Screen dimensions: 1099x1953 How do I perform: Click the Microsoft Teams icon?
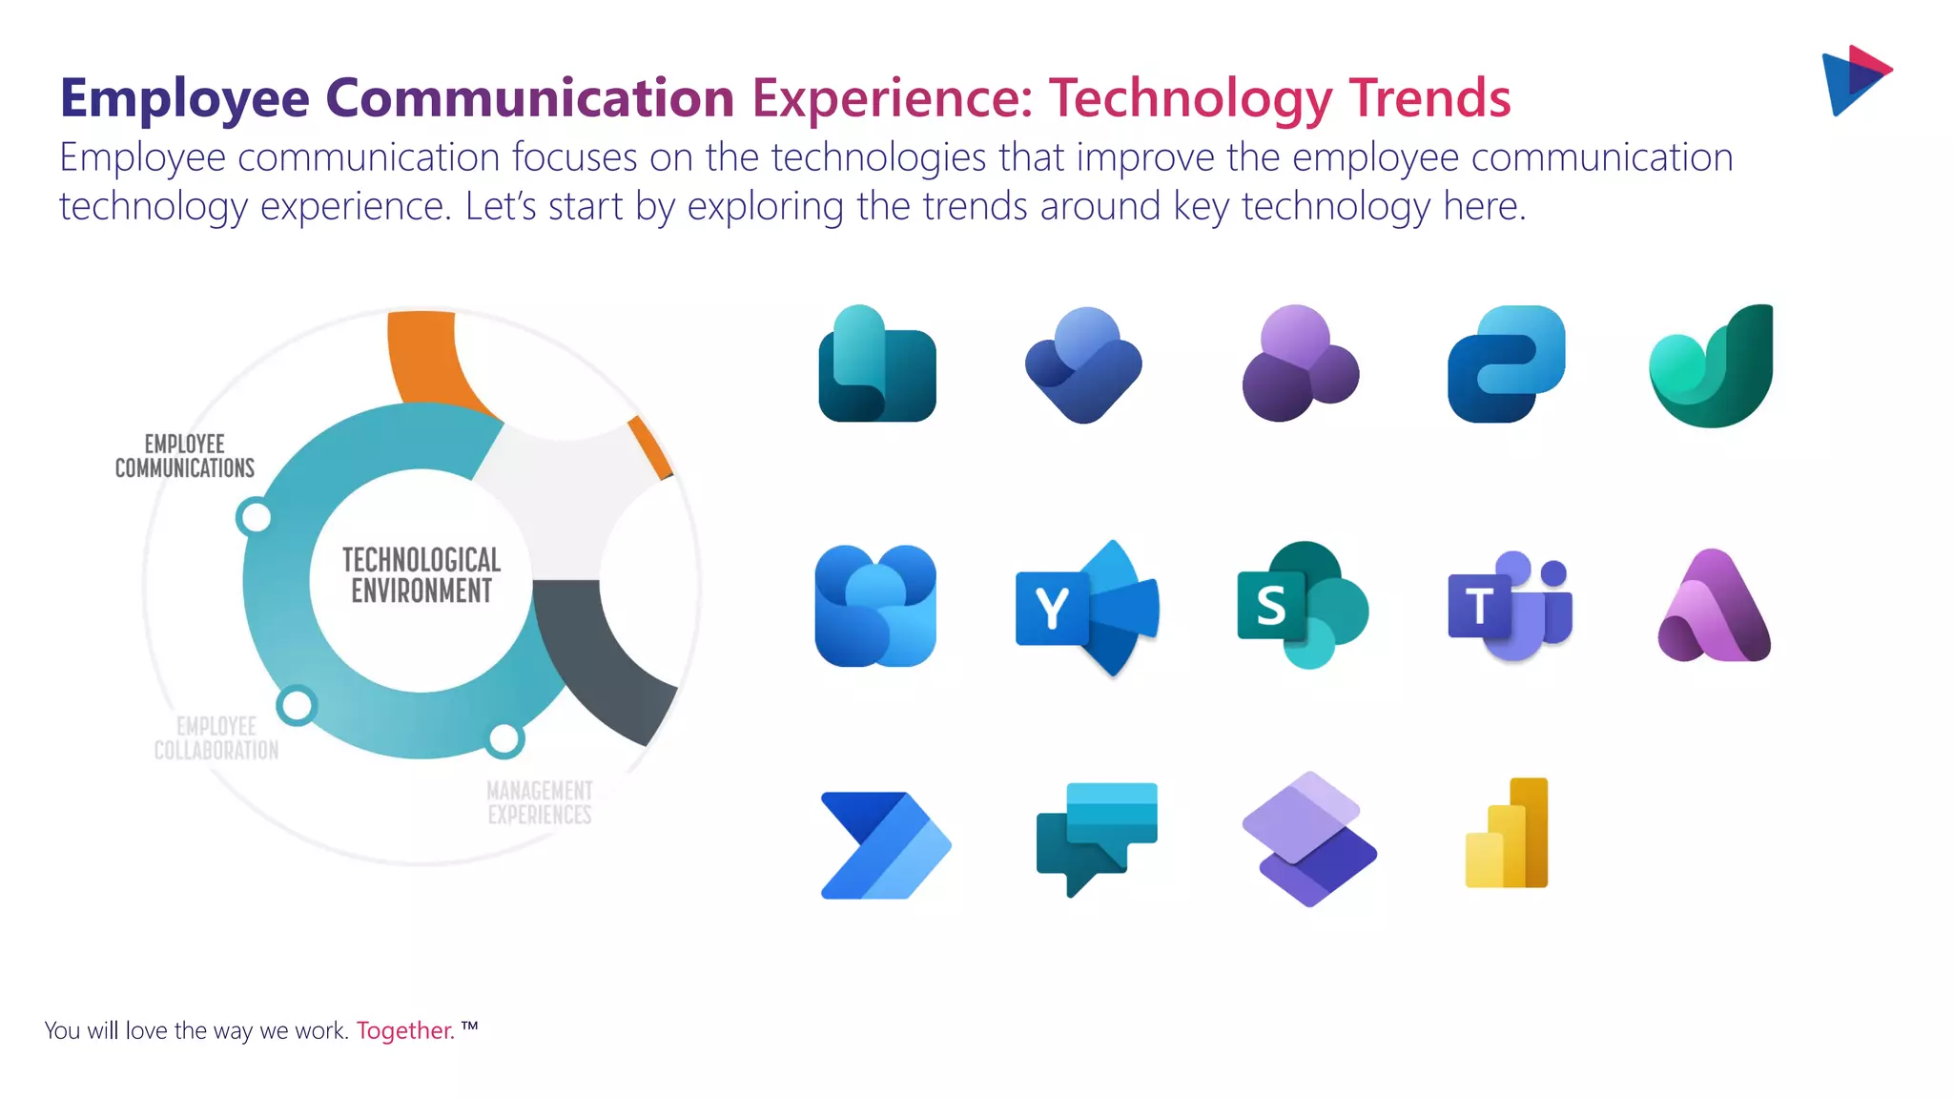pyautogui.click(x=1509, y=607)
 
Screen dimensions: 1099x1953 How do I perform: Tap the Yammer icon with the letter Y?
pyautogui.click(x=1087, y=608)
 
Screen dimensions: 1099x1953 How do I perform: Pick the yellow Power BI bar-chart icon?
pyautogui.click(x=1508, y=834)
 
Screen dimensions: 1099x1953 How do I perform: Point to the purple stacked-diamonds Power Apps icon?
pyautogui.click(x=1309, y=839)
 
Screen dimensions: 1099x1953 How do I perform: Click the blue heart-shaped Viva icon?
pyautogui.click(x=1084, y=365)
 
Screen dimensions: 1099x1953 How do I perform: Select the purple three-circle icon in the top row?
pyautogui.click(x=1300, y=363)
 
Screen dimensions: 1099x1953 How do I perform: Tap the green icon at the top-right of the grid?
pyautogui.click(x=1713, y=366)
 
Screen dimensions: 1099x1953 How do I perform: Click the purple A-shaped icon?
pyautogui.click(x=1714, y=607)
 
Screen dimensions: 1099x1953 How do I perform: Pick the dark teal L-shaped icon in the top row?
pyautogui.click(x=876, y=364)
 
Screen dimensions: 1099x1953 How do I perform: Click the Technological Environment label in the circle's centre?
pyautogui.click(x=421, y=575)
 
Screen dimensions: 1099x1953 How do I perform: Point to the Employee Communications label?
pyautogui.click(x=185, y=456)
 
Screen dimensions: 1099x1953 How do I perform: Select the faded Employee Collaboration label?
pyautogui.click(x=216, y=738)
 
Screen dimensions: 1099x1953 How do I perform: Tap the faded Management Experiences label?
pyautogui.click(x=540, y=802)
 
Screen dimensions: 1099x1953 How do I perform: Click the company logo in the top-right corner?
pyautogui.click(x=1855, y=80)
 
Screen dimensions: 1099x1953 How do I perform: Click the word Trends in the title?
pyautogui.click(x=1429, y=98)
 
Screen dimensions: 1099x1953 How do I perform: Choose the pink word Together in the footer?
pyautogui.click(x=405, y=1031)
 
